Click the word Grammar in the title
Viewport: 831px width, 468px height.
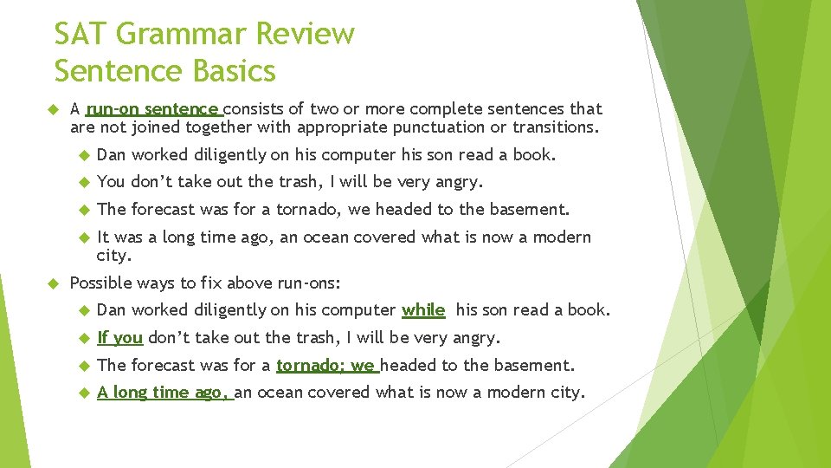click(x=178, y=34)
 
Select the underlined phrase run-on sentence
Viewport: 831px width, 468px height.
click(x=153, y=108)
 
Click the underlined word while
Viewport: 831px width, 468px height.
click(x=423, y=309)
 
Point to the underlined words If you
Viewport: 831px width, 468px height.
click(x=119, y=337)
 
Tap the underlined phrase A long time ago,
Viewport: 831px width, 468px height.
click(x=164, y=392)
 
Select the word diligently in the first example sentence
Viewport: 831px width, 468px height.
click(x=222, y=155)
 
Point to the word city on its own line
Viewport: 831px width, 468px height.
click(x=113, y=256)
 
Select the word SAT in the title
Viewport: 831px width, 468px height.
click(x=80, y=34)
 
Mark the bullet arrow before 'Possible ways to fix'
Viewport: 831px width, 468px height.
click(x=51, y=283)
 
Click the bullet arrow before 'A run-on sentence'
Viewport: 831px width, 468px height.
click(x=51, y=109)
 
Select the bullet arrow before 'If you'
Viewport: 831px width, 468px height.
click(x=84, y=338)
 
